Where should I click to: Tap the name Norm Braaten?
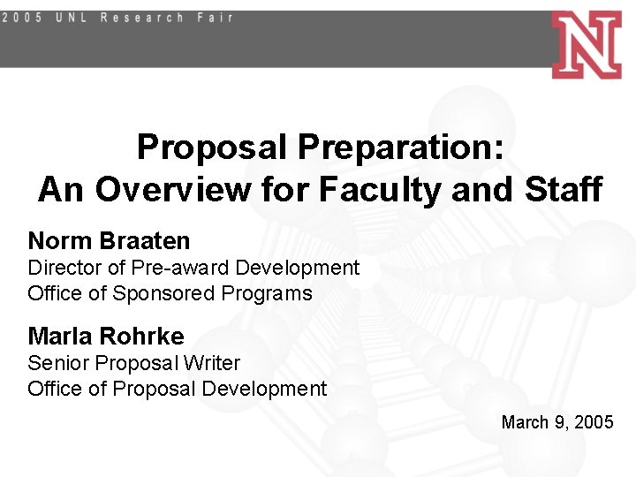(x=109, y=240)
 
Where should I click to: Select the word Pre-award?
(x=174, y=268)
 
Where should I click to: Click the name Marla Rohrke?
(x=106, y=337)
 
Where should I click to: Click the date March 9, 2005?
(x=556, y=422)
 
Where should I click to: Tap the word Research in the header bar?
(x=142, y=17)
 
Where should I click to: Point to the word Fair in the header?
(x=215, y=17)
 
